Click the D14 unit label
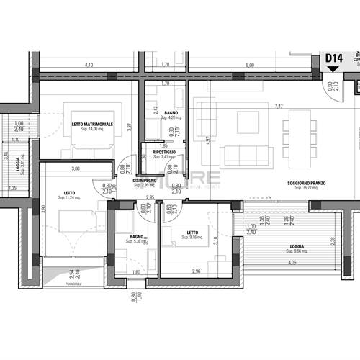coord(333,58)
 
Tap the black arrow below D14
coord(332,69)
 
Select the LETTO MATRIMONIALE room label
coord(92,124)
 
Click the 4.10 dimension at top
coord(89,66)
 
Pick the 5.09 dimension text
coord(249,66)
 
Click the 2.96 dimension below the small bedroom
coord(197,271)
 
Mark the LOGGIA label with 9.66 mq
coord(297,247)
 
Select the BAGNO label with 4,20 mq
coord(171,113)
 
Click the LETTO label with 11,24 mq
coord(69,193)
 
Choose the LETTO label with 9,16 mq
coord(192,233)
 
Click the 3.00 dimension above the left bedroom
coord(75,169)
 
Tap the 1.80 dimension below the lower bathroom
coord(137,271)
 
